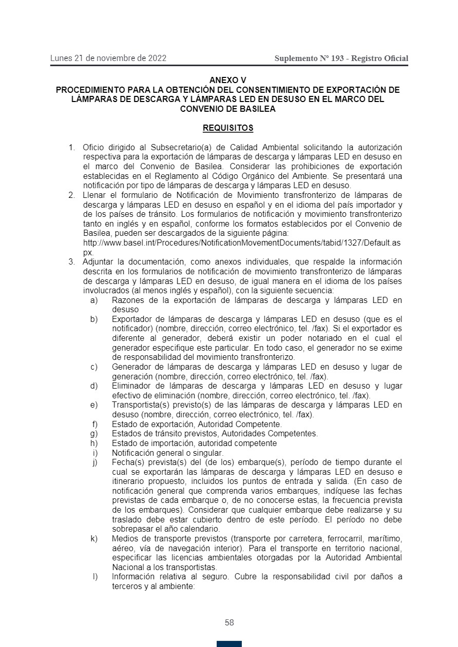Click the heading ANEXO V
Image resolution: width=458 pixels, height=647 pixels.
point(228,80)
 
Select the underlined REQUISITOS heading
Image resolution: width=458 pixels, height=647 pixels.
point(228,128)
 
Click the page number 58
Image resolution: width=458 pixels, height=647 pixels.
point(229,623)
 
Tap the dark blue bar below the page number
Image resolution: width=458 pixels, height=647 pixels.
point(229,643)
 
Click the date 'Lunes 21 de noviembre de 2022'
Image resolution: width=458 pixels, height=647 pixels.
point(108,58)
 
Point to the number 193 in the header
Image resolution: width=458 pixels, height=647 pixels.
point(337,58)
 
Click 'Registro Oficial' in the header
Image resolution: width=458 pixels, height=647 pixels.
point(380,58)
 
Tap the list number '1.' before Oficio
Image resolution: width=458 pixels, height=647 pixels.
point(72,148)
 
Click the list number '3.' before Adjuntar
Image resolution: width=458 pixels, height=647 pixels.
point(72,262)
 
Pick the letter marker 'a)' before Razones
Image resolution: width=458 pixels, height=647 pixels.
point(93,300)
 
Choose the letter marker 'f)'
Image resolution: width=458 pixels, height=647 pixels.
point(94,424)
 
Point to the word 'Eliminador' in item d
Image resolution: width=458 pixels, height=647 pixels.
point(130,386)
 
